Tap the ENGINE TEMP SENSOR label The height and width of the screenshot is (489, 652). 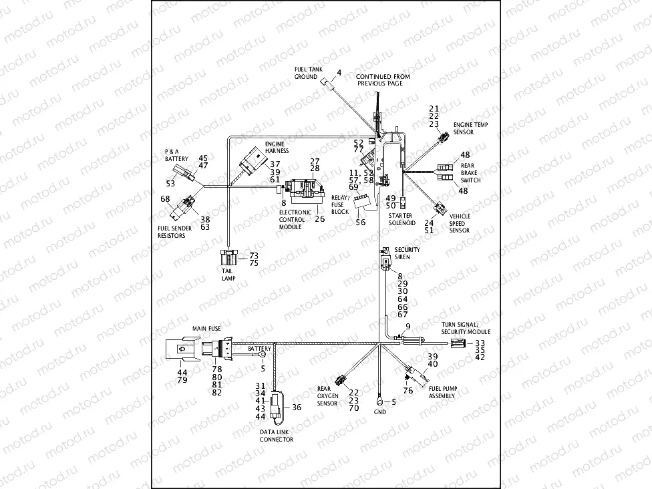[468, 128]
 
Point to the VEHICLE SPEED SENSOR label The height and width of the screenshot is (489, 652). [460, 223]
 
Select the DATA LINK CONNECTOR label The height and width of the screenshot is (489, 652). [277, 436]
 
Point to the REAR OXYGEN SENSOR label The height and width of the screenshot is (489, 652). [328, 396]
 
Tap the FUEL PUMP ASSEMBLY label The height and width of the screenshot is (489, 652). [442, 392]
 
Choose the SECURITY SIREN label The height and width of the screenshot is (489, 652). [407, 253]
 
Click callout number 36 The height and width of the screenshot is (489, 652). [297, 407]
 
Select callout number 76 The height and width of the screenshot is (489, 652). [408, 391]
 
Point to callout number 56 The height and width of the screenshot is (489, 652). [361, 222]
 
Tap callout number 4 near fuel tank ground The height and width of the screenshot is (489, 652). [339, 72]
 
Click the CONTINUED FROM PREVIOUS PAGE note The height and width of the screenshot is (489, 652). [383, 80]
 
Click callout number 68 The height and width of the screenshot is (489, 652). [165, 198]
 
